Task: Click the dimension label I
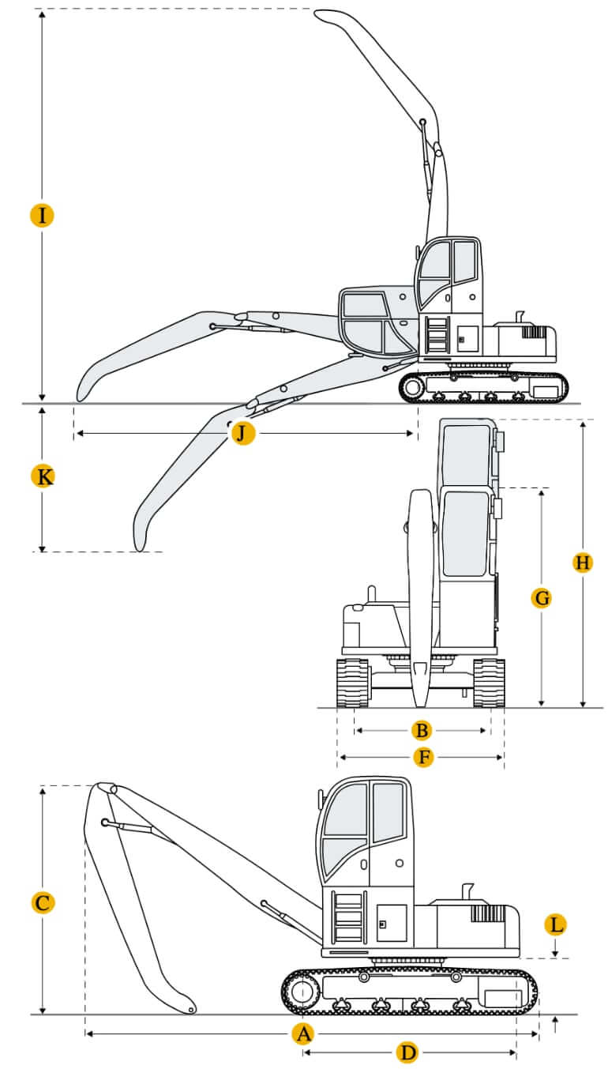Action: (42, 215)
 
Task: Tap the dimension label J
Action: (242, 433)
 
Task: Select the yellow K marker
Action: (44, 476)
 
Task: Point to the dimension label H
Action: (582, 563)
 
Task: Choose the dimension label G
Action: (542, 598)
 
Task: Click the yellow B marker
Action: (422, 730)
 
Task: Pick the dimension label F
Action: (424, 758)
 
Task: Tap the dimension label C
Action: (43, 903)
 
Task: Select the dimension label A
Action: (302, 1033)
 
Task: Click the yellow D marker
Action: (407, 1052)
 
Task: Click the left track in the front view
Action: (352, 683)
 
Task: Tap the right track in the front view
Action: (489, 683)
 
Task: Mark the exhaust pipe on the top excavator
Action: (519, 317)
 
